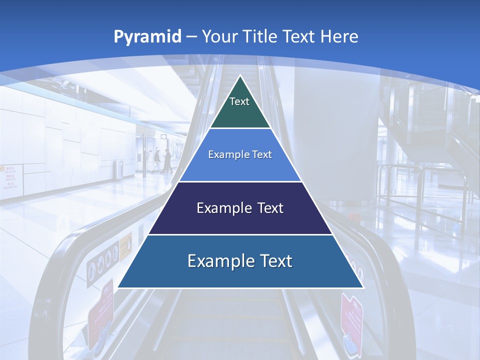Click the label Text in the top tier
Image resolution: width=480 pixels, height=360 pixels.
(x=239, y=101)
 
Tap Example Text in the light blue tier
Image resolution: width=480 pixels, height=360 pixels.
(x=240, y=154)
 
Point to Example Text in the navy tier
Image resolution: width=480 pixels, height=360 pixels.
(x=240, y=208)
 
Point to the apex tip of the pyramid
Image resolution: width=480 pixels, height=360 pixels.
(x=240, y=76)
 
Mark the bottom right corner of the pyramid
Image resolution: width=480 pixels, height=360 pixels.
(x=362, y=287)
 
